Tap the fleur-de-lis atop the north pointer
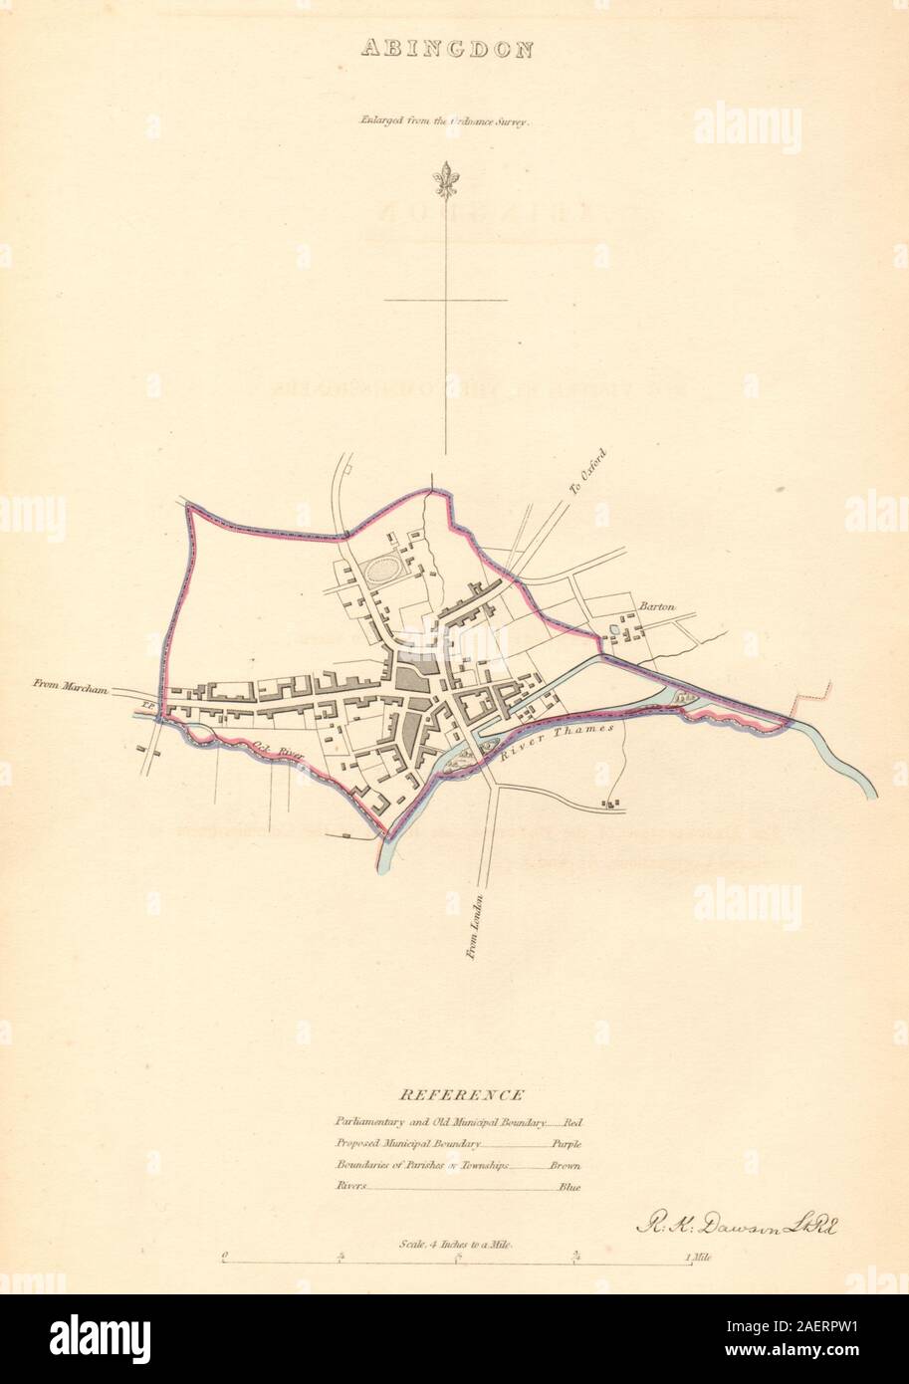click(x=445, y=180)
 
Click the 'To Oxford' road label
click(x=587, y=472)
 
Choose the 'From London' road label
click(x=475, y=925)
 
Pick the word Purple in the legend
click(x=566, y=1145)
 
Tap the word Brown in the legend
click(x=565, y=1166)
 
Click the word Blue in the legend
click(x=568, y=1187)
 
